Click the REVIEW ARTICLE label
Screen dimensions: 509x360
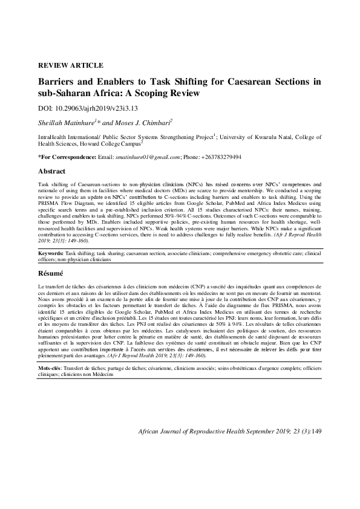(x=70, y=65)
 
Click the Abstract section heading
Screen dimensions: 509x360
(x=51, y=171)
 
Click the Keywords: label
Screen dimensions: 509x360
(x=50, y=254)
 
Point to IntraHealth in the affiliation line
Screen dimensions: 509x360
(x=53, y=138)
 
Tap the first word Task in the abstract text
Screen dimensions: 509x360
(x=44, y=182)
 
